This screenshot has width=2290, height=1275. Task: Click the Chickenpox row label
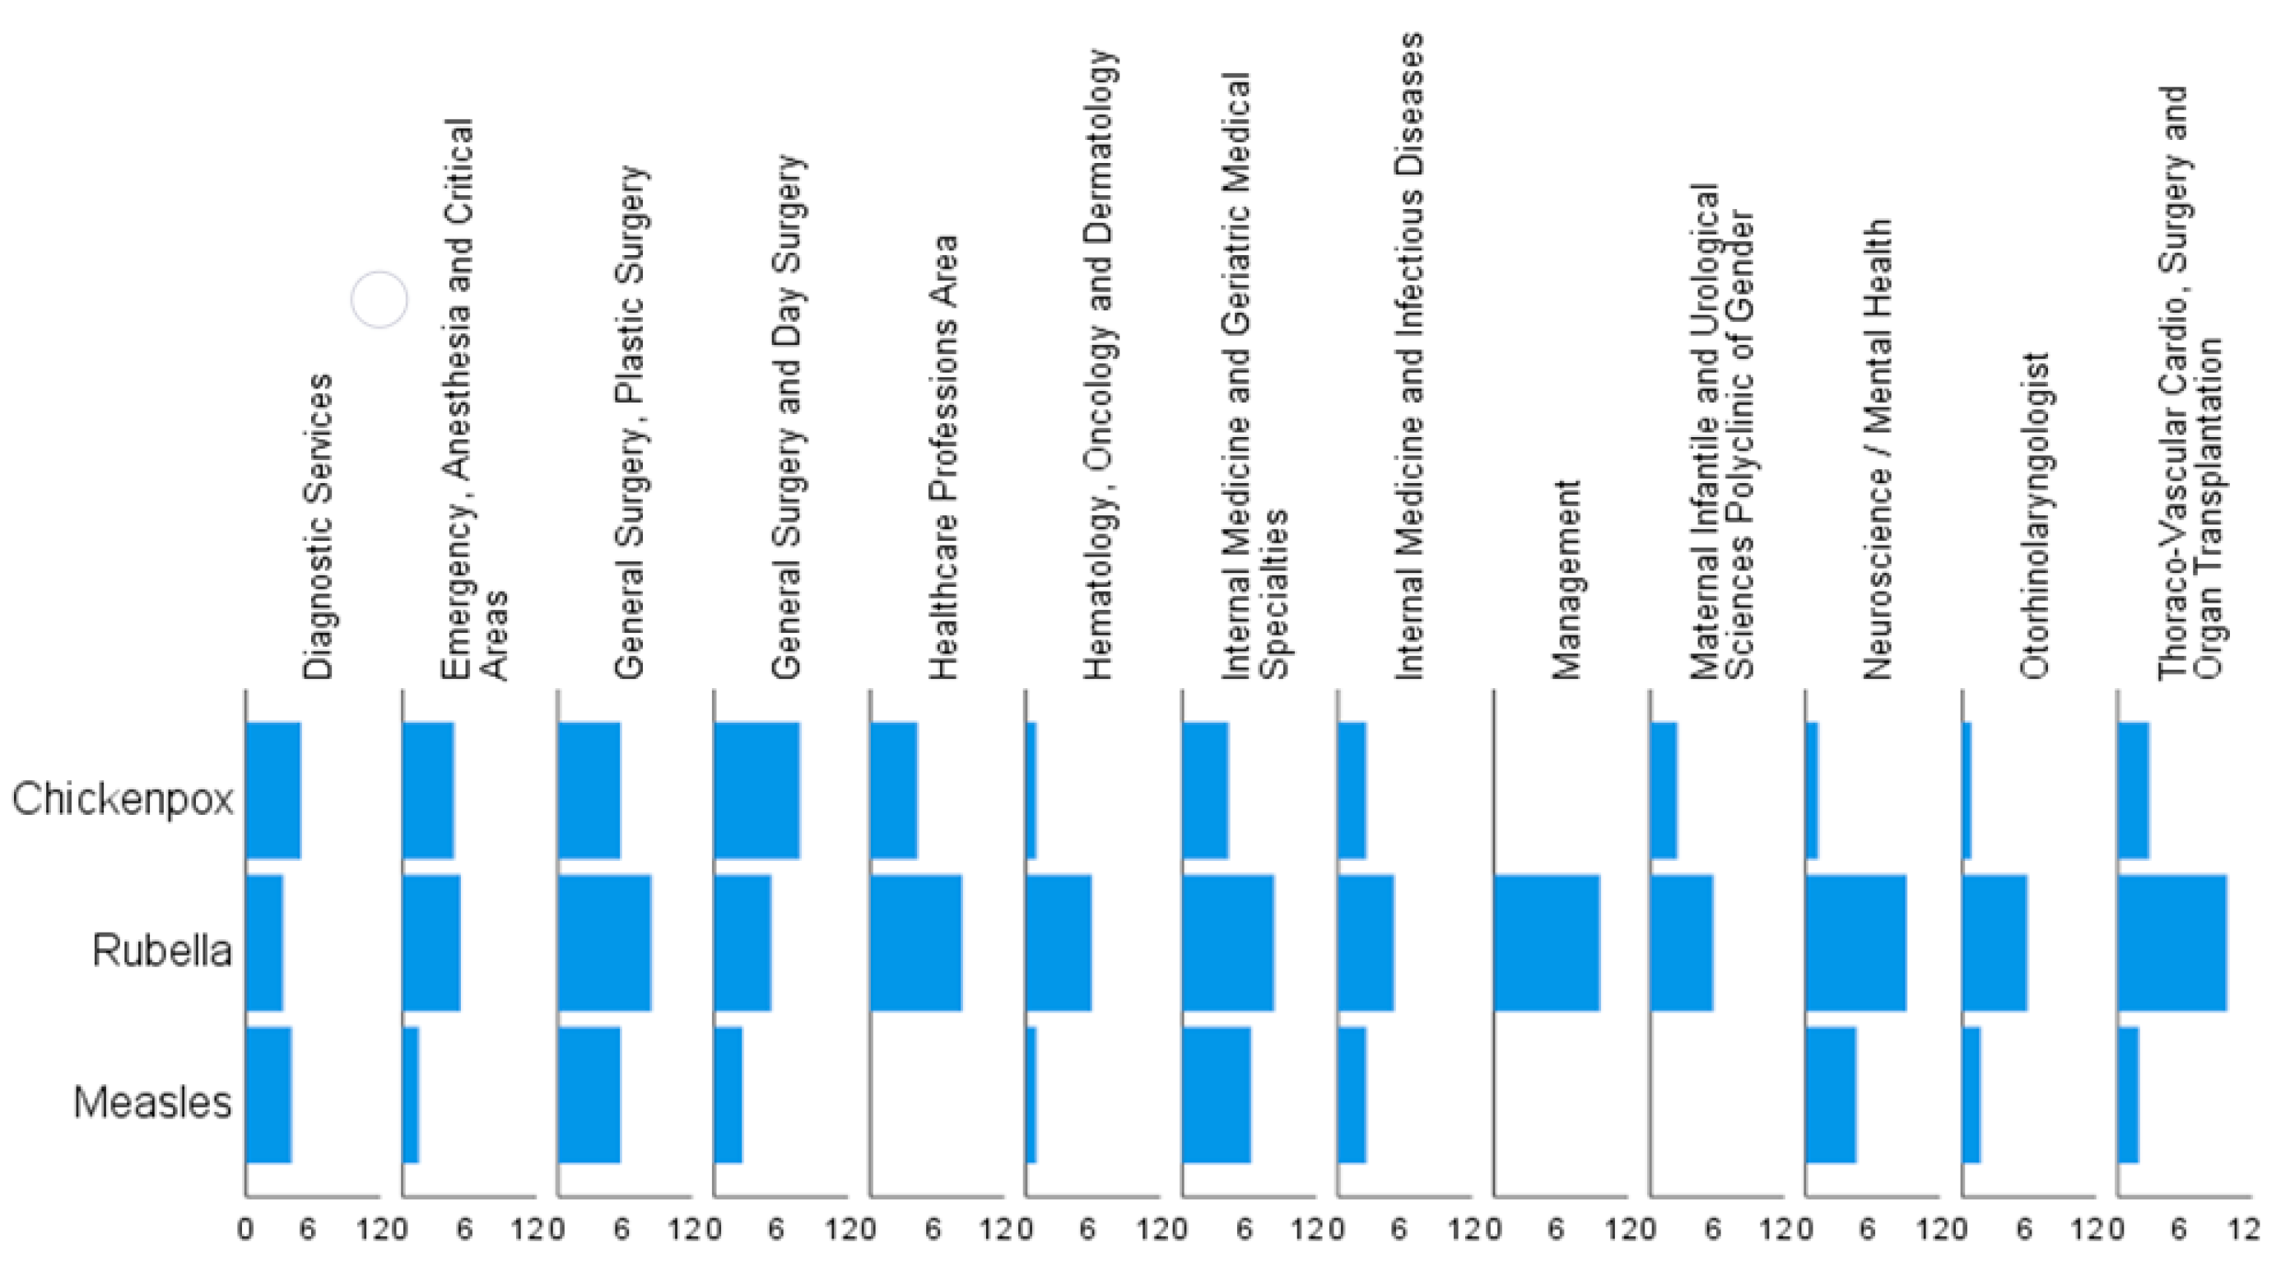[x=123, y=798]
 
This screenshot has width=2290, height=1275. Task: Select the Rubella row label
[x=162, y=951]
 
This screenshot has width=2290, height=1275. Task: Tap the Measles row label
[x=152, y=1102]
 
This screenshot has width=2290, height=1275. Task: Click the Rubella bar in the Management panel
[x=1547, y=943]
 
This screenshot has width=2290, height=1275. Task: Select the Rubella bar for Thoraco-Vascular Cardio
[x=2171, y=943]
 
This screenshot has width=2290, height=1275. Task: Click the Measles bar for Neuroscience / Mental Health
[x=1831, y=1095]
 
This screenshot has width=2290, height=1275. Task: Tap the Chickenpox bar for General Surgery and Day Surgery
[x=756, y=790]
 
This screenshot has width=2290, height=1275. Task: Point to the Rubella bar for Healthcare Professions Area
[x=915, y=943]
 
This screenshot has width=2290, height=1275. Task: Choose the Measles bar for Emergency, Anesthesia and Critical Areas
[x=410, y=1095]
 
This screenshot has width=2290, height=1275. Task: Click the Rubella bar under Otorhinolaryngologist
[x=1994, y=943]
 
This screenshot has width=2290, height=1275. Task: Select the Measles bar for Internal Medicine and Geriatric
[x=1216, y=1095]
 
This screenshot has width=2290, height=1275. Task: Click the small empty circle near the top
[x=379, y=300]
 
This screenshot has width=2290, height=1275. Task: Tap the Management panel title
[x=1566, y=579]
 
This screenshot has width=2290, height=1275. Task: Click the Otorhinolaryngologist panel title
[x=2034, y=516]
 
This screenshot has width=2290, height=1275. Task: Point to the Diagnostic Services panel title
[x=318, y=526]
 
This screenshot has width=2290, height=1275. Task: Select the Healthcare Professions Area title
[x=943, y=458]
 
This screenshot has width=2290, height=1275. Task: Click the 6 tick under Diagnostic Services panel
[x=308, y=1231]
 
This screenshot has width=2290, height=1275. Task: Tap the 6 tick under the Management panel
[x=1556, y=1231]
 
